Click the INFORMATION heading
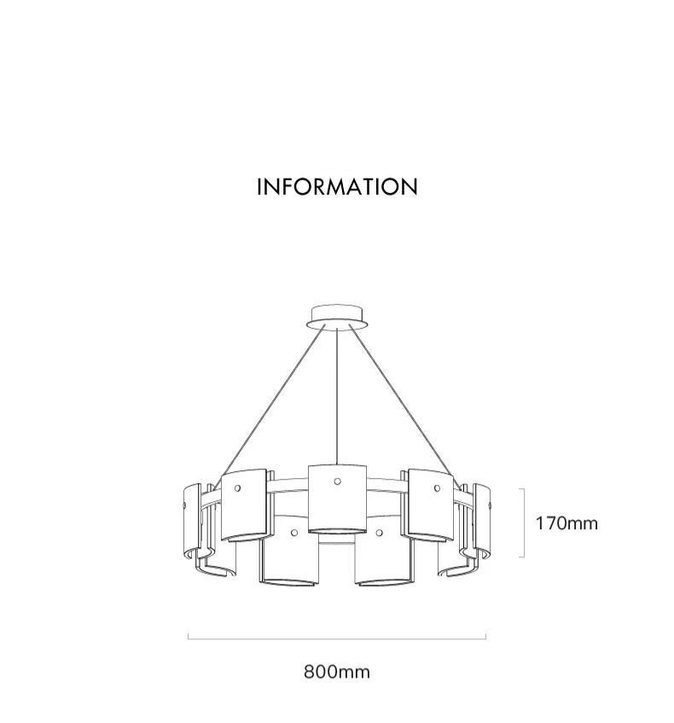click(337, 187)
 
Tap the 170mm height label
click(567, 523)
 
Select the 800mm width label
click(337, 672)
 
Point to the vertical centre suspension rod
click(337, 397)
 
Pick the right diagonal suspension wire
click(404, 405)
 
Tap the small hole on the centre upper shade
click(338, 481)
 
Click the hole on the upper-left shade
click(237, 488)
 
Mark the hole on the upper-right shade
click(437, 488)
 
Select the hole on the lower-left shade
click(294, 533)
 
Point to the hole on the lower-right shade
click(379, 533)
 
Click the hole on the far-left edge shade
click(185, 505)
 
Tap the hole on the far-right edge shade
click(489, 506)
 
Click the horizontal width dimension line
click(337, 639)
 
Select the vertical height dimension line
click(524, 523)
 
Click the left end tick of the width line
click(188, 637)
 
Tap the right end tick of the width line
click(486, 637)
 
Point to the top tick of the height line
click(522, 489)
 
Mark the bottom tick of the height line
click(522, 557)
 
